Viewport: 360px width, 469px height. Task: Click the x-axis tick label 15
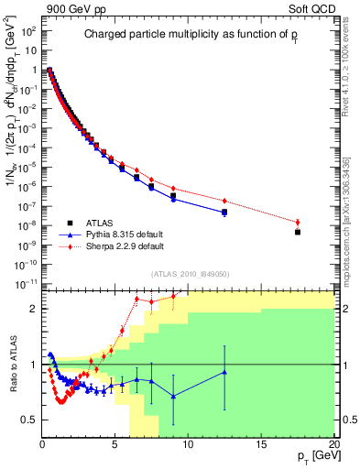point(261,444)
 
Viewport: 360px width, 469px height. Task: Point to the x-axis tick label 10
point(188,444)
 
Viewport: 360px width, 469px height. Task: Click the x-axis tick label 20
point(333,444)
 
